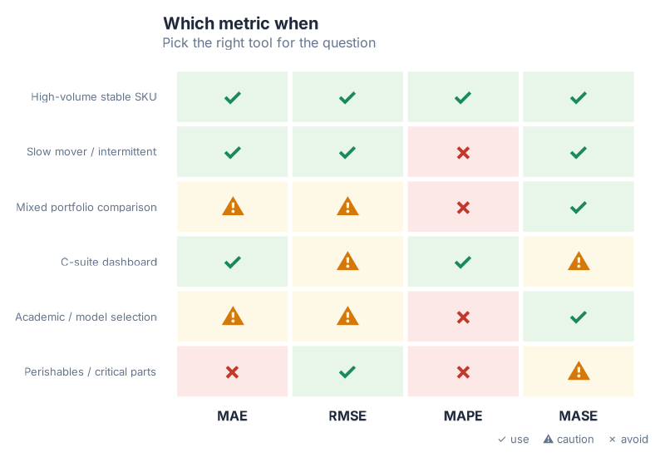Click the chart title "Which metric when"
(240, 23)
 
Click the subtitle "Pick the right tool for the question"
(268, 42)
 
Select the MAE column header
(233, 416)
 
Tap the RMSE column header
(347, 416)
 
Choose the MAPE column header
(463, 416)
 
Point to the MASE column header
(578, 416)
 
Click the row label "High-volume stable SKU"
(94, 97)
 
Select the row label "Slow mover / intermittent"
(91, 152)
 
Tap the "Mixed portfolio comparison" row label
(86, 207)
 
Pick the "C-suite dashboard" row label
(109, 262)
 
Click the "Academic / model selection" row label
(86, 317)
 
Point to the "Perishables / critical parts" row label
(90, 371)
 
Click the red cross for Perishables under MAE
(233, 372)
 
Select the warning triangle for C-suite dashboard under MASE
(578, 262)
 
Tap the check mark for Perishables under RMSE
(347, 372)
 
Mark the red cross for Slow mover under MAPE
(463, 153)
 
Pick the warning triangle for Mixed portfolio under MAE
(233, 207)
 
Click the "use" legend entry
(514, 440)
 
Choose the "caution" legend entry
(569, 440)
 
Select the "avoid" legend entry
(628, 440)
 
